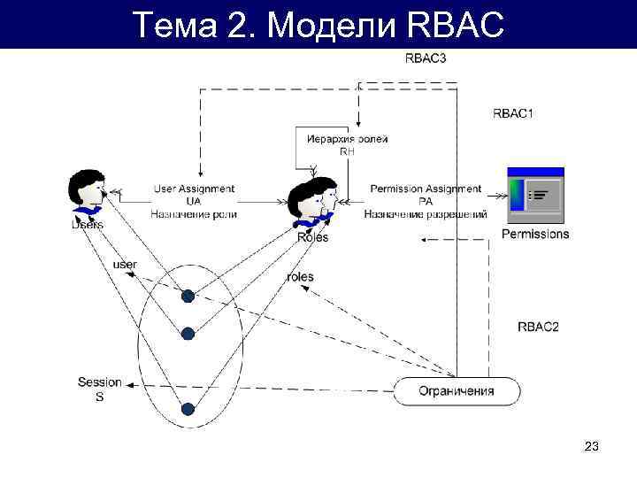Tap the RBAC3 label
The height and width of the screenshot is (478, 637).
pos(425,58)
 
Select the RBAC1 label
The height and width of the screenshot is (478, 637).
pos(513,113)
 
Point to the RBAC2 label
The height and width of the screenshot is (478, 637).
pos(538,327)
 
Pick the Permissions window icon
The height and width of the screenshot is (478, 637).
pos(535,195)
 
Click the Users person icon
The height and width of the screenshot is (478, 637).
pos(87,196)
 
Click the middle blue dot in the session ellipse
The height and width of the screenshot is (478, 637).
pos(188,333)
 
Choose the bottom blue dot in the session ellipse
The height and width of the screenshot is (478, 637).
pos(188,408)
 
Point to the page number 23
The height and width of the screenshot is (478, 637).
pos(592,448)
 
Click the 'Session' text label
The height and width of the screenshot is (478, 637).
pos(99,382)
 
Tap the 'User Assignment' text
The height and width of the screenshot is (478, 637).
pos(194,189)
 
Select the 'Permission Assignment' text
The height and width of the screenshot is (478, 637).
pos(426,189)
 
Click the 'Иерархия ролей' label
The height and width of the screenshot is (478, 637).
pos(347,139)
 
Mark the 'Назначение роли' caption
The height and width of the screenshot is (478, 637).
pos(194,214)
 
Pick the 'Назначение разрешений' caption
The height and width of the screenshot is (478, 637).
pos(426,214)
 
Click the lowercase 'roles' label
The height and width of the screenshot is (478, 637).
pos(300,277)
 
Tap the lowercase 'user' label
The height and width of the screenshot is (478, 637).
pos(126,265)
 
